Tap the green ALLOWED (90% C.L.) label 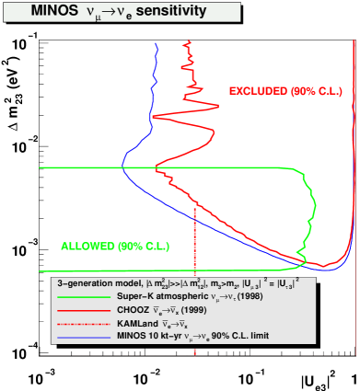coord(102,246)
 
